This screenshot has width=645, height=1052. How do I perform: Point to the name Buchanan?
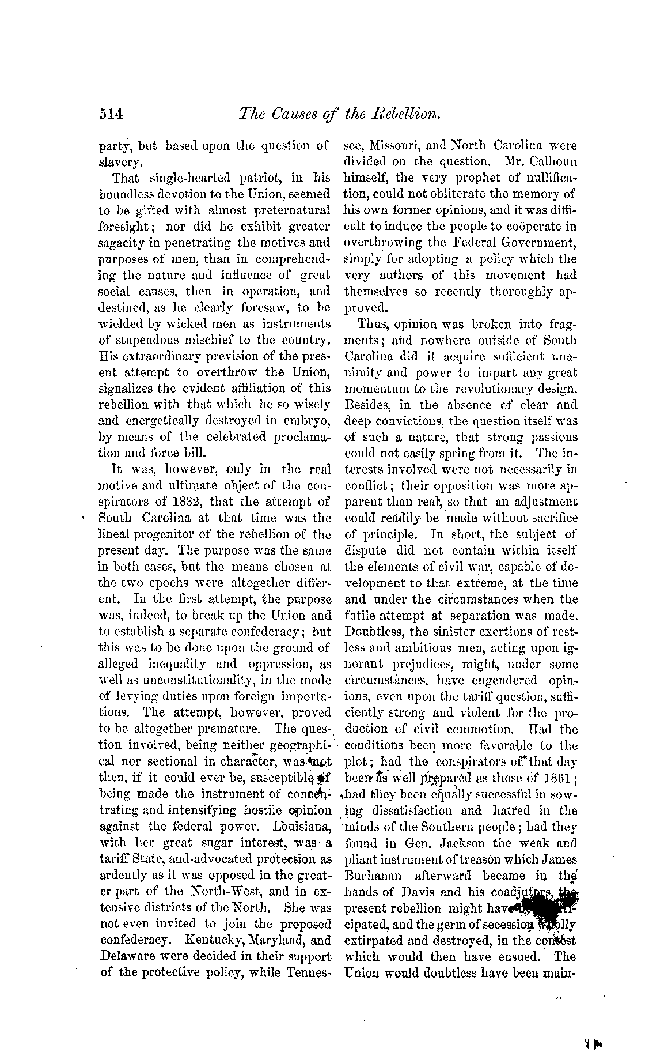374,875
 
